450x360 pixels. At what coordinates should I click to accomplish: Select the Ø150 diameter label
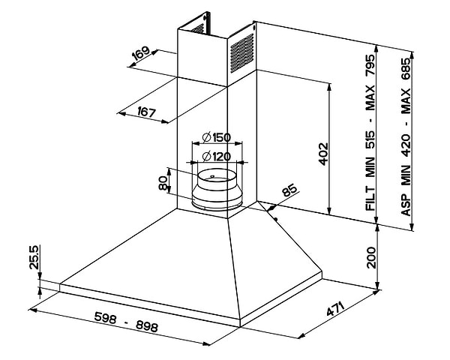point(216,137)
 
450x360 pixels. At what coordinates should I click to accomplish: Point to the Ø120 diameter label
point(216,157)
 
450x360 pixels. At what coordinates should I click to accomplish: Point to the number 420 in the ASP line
point(406,148)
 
